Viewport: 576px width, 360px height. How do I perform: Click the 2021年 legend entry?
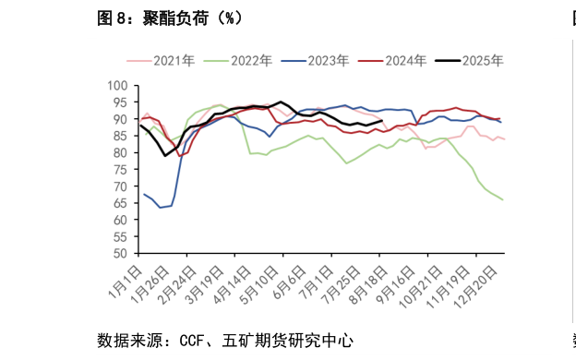(x=174, y=61)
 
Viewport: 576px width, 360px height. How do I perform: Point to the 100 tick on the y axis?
(x=117, y=85)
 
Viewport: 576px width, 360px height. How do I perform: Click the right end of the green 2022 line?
(x=502, y=199)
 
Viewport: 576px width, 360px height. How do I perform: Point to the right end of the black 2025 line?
(x=382, y=120)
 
